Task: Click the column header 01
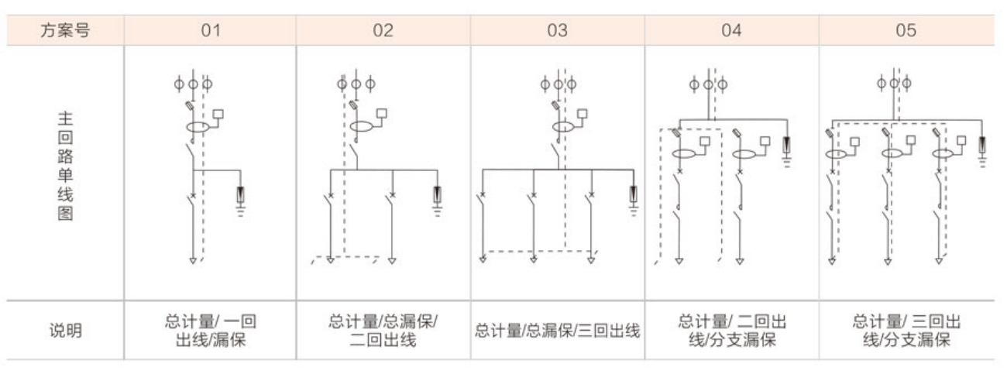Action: pyautogui.click(x=211, y=30)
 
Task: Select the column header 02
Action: pyautogui.click(x=383, y=30)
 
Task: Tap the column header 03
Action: pyautogui.click(x=558, y=30)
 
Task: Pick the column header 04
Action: pyautogui.click(x=731, y=30)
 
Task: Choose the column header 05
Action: pyautogui.click(x=906, y=30)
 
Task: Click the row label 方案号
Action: pyautogui.click(x=65, y=30)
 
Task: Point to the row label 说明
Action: pyautogui.click(x=66, y=331)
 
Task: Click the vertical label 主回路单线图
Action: pyautogui.click(x=65, y=166)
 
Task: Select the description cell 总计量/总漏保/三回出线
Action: pyautogui.click(x=558, y=331)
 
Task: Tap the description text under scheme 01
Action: pyautogui.click(x=211, y=331)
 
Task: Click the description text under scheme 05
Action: pyautogui.click(x=906, y=331)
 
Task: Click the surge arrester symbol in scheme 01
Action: pyautogui.click(x=240, y=195)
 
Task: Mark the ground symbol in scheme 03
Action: pyautogui.click(x=634, y=211)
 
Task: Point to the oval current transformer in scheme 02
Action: pyautogui.click(x=362, y=126)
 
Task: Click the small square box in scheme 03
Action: pyautogui.click(x=583, y=114)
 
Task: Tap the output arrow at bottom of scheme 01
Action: pyautogui.click(x=193, y=261)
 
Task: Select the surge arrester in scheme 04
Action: pyautogui.click(x=786, y=145)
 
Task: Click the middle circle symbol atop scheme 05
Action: pyautogui.click(x=894, y=83)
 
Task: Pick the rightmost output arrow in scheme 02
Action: pyautogui.click(x=392, y=261)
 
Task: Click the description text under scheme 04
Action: pyautogui.click(x=732, y=331)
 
